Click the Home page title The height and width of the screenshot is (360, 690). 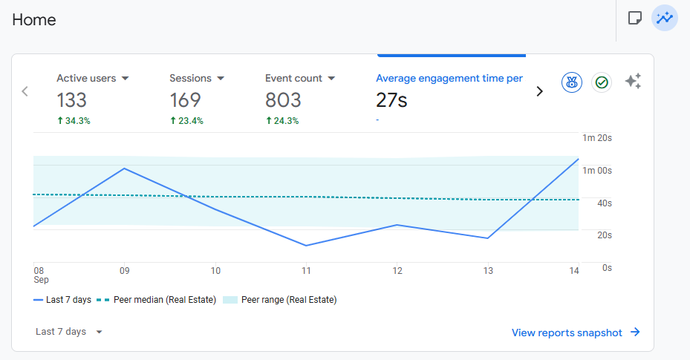[34, 19]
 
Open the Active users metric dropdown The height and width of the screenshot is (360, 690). [125, 78]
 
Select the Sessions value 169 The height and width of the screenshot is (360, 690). [185, 100]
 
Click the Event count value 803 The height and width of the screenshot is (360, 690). [283, 100]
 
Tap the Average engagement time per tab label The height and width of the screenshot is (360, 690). [449, 78]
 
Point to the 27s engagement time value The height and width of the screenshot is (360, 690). [391, 100]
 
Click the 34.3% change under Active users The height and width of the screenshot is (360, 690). [74, 121]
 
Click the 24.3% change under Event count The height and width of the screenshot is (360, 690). [282, 121]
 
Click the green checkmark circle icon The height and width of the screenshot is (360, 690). [602, 82]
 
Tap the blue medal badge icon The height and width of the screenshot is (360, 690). [571, 82]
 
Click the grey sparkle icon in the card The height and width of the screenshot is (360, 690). [633, 82]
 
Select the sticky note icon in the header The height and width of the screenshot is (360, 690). [634, 18]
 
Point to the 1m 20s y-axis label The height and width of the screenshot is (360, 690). [597, 138]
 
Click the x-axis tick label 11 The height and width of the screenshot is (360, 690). [306, 271]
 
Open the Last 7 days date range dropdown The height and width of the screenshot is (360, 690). [68, 332]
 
